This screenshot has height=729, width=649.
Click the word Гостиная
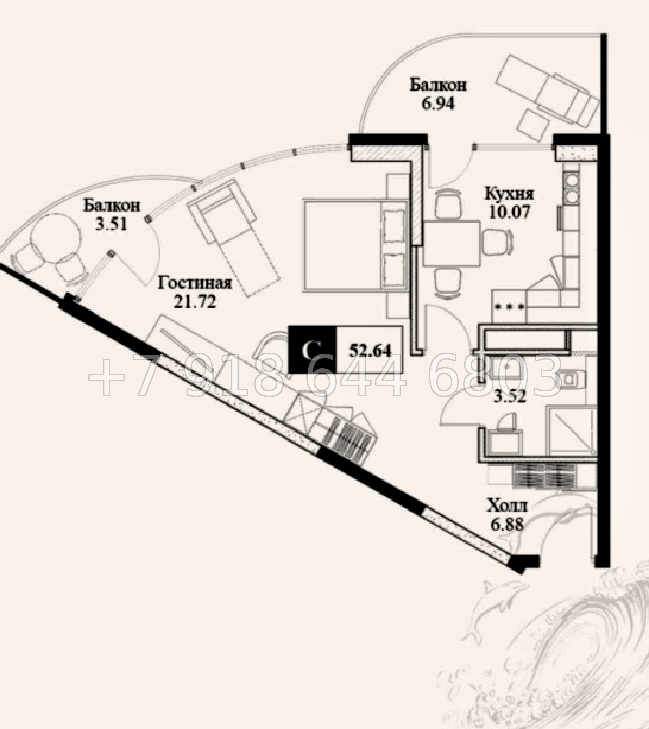pyautogui.click(x=195, y=283)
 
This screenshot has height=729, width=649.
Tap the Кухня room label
pyautogui.click(x=509, y=194)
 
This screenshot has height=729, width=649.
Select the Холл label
pyautogui.click(x=507, y=506)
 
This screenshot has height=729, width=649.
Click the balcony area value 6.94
pyautogui.click(x=438, y=104)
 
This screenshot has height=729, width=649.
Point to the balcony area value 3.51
pyautogui.click(x=111, y=224)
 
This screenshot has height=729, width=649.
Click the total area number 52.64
pyautogui.click(x=370, y=350)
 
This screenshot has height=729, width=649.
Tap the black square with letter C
pyautogui.click(x=312, y=349)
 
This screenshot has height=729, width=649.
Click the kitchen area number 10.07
pyautogui.click(x=509, y=212)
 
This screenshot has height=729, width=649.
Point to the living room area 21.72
pyautogui.click(x=195, y=302)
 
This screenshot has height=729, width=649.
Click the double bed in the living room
pyautogui.click(x=355, y=245)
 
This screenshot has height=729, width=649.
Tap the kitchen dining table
pyautogui.click(x=452, y=244)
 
